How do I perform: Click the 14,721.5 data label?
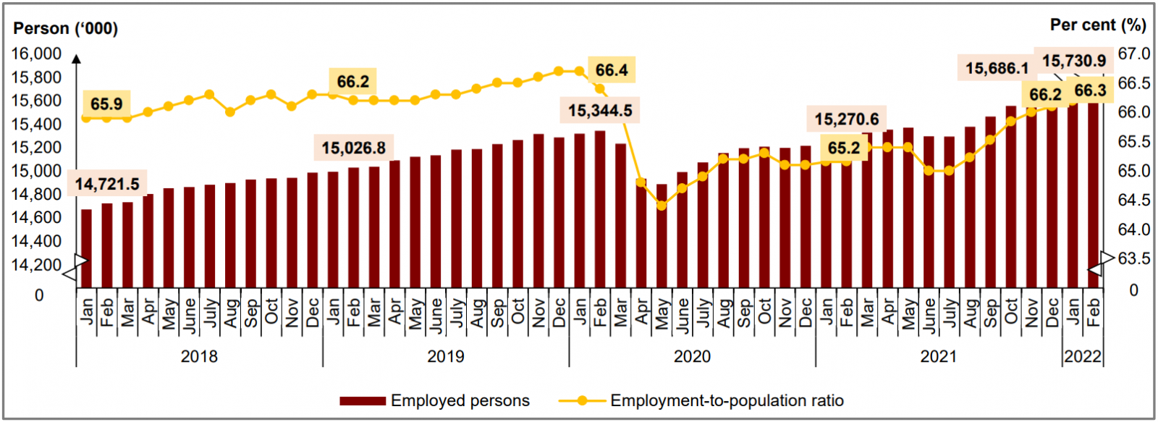[107, 184]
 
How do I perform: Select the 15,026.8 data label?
[353, 148]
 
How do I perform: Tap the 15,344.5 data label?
[600, 111]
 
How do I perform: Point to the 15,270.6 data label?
[847, 119]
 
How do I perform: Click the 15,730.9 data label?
[1074, 61]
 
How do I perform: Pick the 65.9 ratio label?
[106, 104]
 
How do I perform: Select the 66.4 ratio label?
[612, 70]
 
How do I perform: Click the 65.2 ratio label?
[844, 148]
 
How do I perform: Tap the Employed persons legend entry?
[435, 400]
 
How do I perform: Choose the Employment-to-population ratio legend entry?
[701, 400]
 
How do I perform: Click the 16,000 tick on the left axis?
[36, 54]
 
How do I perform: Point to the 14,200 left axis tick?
[36, 265]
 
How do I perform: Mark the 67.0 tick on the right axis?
[1133, 54]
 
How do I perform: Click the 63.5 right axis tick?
[1133, 258]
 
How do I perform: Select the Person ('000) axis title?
[66, 28]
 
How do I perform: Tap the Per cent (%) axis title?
[1098, 25]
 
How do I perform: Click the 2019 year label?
[446, 356]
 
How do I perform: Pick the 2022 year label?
[1083, 356]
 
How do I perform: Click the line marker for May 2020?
[662, 206]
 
